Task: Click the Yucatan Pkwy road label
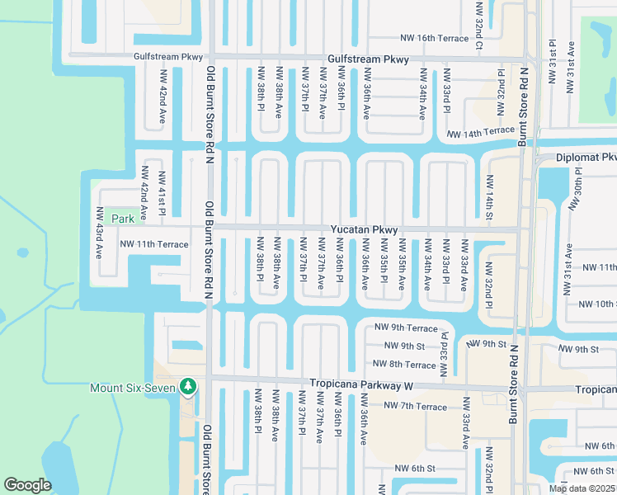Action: coord(365,230)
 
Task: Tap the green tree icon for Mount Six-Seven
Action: coord(188,386)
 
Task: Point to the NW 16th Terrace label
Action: coord(434,38)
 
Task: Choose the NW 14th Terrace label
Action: coord(481,132)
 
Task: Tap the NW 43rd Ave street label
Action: coord(100,233)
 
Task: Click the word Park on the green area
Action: coord(123,219)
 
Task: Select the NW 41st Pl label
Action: coord(162,195)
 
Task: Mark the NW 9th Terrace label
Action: coord(405,328)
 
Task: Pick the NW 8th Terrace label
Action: coord(404,365)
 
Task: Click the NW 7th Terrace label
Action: coord(416,407)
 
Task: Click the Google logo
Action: coord(27,484)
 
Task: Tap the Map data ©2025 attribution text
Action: coord(582,489)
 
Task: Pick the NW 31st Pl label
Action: coord(551,59)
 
